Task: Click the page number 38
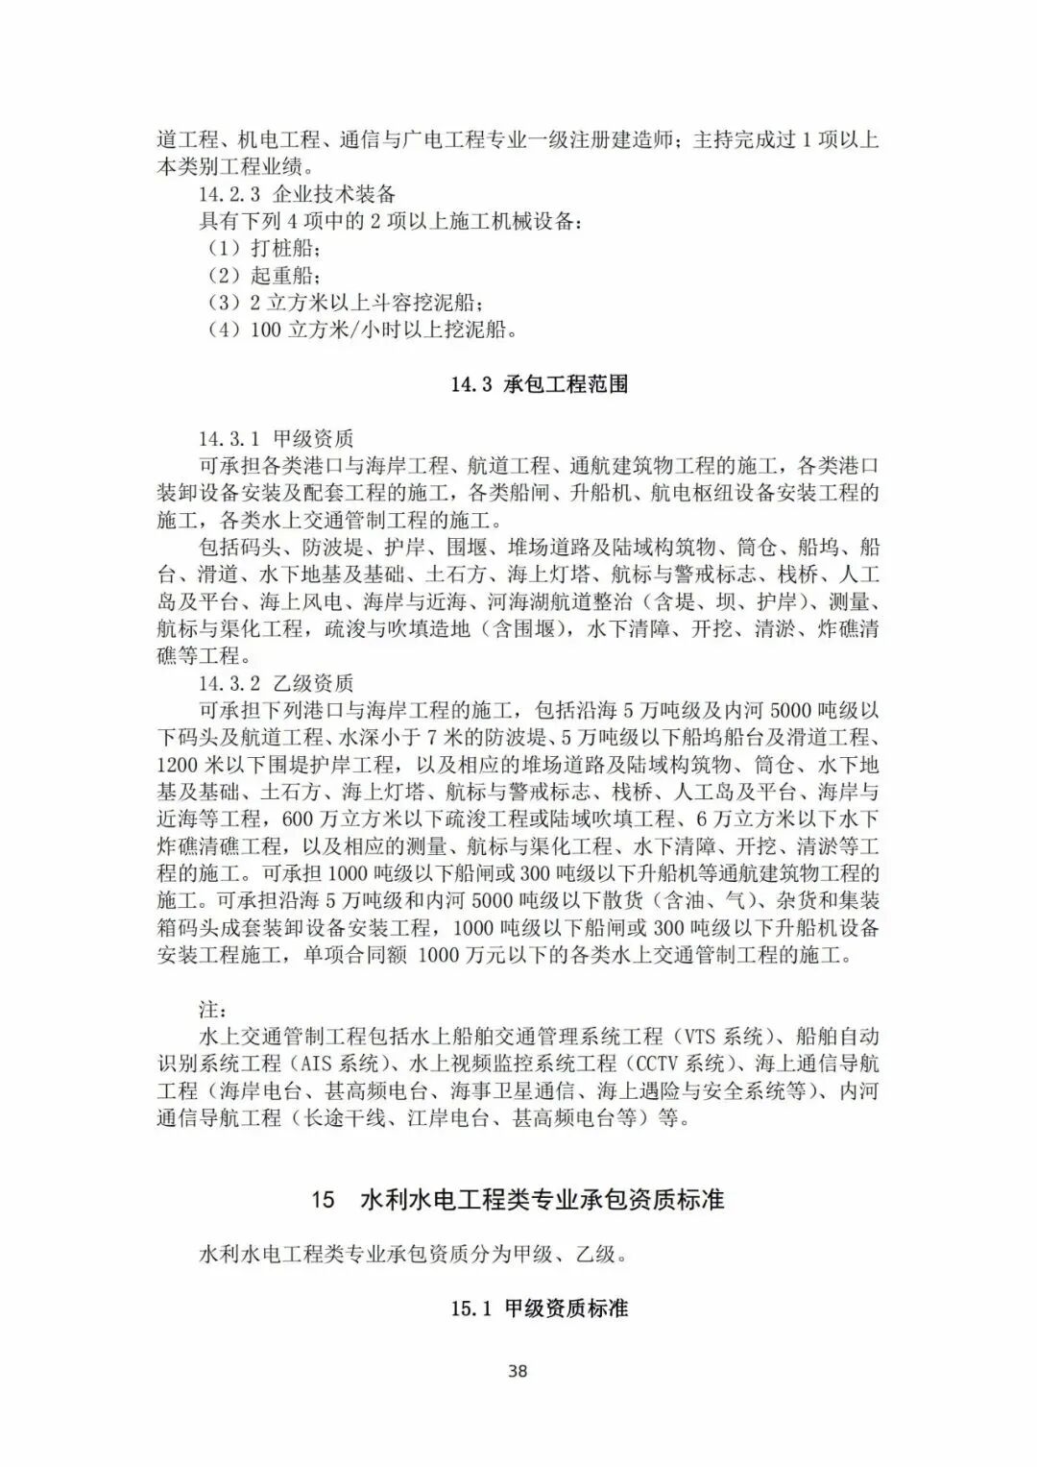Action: pyautogui.click(x=518, y=1371)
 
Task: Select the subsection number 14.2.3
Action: pyautogui.click(x=229, y=194)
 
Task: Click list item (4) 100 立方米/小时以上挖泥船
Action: pyautogui.click(x=364, y=330)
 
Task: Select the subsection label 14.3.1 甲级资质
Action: pyautogui.click(x=277, y=439)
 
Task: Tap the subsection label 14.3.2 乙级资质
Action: pyautogui.click(x=277, y=684)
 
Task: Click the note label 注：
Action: pyautogui.click(x=213, y=1010)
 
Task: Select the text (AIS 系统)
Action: pyautogui.click(x=335, y=1064)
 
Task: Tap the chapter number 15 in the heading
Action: pyautogui.click(x=324, y=1200)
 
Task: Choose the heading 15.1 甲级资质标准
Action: pyautogui.click(x=540, y=1308)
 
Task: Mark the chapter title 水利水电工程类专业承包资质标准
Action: pyautogui.click(x=542, y=1200)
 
